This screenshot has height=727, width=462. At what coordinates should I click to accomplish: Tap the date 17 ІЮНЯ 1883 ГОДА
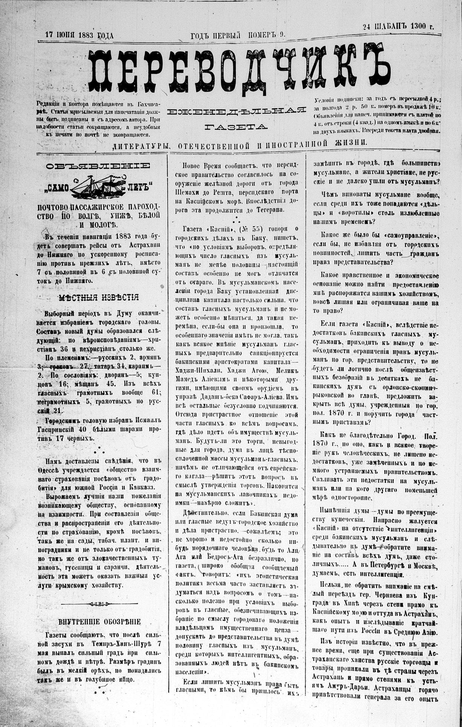pyautogui.click(x=79, y=36)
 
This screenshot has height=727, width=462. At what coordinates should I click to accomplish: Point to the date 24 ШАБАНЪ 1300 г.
pyautogui.click(x=398, y=26)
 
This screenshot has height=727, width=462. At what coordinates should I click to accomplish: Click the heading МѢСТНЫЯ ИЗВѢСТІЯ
pyautogui.click(x=99, y=297)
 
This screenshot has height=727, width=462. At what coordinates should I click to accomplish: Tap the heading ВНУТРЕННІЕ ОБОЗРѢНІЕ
pyautogui.click(x=99, y=622)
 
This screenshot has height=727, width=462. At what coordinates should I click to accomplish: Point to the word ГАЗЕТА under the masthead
pyautogui.click(x=236, y=126)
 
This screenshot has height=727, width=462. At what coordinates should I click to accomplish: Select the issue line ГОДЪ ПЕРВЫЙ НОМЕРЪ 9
pyautogui.click(x=238, y=35)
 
